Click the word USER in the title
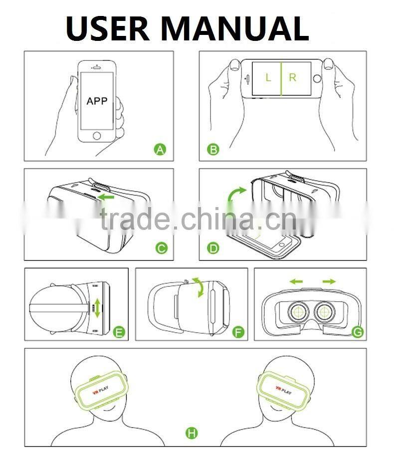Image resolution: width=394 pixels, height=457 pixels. click(x=108, y=28)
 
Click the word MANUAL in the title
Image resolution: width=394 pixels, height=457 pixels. click(x=235, y=28)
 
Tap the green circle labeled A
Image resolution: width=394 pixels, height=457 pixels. click(x=160, y=150)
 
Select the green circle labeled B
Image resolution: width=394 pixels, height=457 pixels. click(x=213, y=150)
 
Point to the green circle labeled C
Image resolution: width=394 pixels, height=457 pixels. click(x=161, y=248)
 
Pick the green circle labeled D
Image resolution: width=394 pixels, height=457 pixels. click(x=213, y=248)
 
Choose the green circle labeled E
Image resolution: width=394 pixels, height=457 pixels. click(x=119, y=332)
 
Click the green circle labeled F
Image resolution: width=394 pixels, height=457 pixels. click(x=238, y=332)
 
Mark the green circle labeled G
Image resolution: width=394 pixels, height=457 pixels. click(x=358, y=332)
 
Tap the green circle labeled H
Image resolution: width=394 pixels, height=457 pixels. click(x=192, y=433)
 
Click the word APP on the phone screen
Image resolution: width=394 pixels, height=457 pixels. click(x=97, y=101)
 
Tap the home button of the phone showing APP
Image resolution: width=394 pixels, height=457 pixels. click(x=97, y=136)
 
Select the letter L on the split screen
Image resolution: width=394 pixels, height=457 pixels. click(x=268, y=77)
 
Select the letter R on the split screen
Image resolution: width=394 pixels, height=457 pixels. click(x=293, y=77)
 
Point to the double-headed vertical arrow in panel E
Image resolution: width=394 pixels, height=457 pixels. click(x=97, y=308)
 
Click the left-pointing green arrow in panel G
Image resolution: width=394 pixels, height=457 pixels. click(x=296, y=281)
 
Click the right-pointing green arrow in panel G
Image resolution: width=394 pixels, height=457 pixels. click(x=329, y=281)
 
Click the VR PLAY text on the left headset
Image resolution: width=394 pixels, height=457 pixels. click(x=101, y=390)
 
